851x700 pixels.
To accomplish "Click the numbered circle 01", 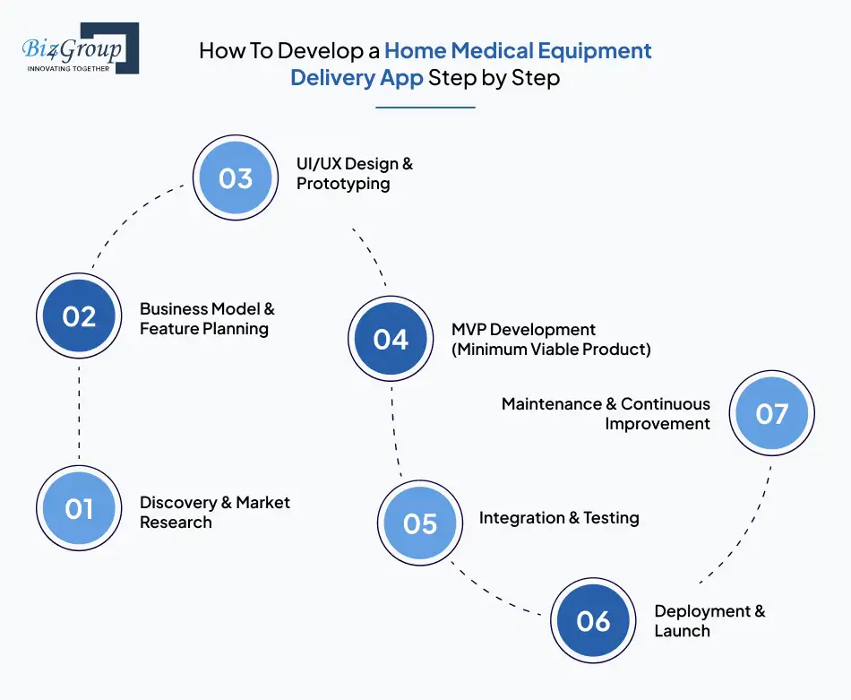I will [79, 509].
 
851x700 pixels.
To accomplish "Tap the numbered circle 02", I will [79, 316].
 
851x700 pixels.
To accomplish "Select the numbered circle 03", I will [236, 178].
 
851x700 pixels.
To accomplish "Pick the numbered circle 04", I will [391, 340].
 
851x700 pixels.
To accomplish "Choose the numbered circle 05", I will [419, 523].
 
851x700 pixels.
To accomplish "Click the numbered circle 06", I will [593, 621].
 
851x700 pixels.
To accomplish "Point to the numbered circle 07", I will [771, 413].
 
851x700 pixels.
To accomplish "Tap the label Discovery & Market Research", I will [214, 512].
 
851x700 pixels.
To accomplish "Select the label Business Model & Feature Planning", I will [207, 318].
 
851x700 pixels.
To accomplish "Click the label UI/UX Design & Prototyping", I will [355, 174].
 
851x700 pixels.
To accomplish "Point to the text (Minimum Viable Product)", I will [551, 350].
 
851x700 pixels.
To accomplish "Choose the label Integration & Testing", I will [559, 518].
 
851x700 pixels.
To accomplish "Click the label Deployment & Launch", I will [709, 620].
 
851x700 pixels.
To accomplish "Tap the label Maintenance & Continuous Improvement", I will [606, 413].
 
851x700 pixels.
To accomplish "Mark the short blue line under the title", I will [425, 108].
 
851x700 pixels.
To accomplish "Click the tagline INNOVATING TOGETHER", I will [68, 68].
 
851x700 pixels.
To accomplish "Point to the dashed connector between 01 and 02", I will [79, 412].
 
